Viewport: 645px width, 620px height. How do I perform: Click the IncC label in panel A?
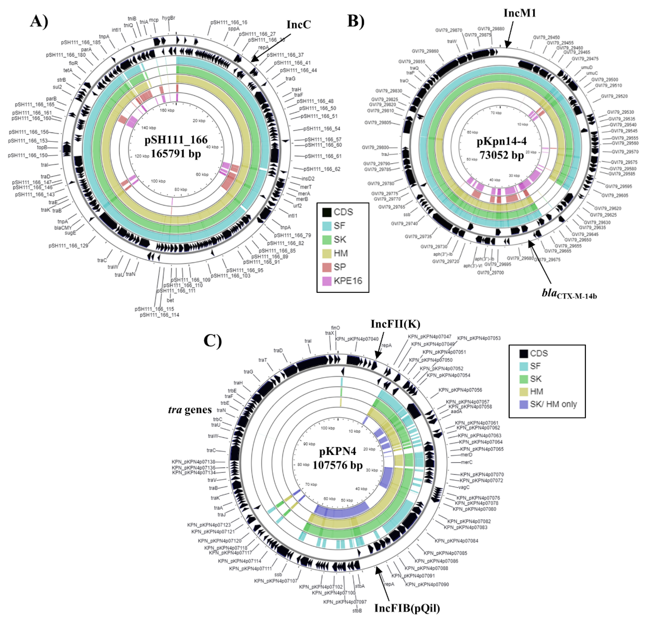coord(299,25)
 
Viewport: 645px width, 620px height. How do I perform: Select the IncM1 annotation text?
coord(520,13)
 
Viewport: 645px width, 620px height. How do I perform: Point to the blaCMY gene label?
coord(63,228)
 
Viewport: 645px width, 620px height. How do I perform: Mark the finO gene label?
coord(335,328)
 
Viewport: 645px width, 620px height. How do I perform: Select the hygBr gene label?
coord(169,18)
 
